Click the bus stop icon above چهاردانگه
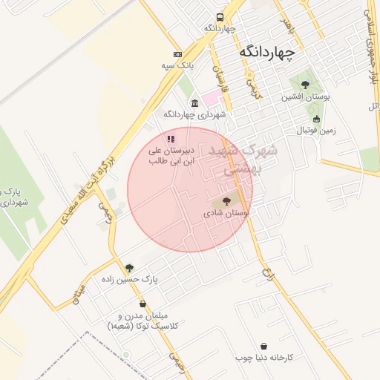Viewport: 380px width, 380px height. [x=220, y=17]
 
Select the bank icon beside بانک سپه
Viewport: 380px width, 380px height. [x=177, y=54]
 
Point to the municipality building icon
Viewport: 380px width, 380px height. [x=194, y=103]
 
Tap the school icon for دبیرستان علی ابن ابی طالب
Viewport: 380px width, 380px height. [x=171, y=138]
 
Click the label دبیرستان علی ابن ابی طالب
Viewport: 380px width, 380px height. [x=172, y=155]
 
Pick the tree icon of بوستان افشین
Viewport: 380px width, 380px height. [x=305, y=85]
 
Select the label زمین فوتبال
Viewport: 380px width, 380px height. [x=317, y=131]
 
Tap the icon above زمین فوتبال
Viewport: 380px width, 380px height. [x=317, y=119]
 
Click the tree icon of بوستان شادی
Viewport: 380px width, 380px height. [x=226, y=200]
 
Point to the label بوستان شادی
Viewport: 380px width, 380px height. [x=226, y=213]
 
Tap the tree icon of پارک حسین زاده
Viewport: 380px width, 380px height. [x=130, y=268]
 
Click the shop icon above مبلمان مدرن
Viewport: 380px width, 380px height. [x=142, y=304]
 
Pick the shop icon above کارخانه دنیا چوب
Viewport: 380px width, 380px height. [x=265, y=346]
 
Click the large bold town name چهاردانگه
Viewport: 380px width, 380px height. [x=267, y=53]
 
